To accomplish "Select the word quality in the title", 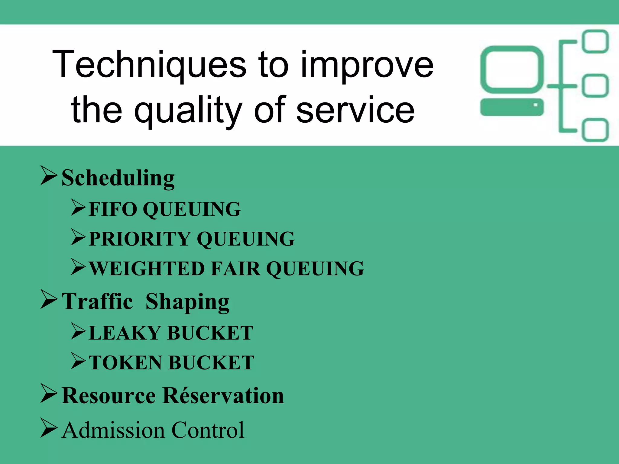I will coord(188,110).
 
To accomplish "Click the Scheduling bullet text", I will coord(118,178).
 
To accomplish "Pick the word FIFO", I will coord(113,209).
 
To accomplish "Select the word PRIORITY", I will coord(139,239).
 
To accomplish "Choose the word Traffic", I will coord(97,301).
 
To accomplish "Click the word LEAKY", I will coord(125,333).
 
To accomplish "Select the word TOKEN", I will coord(126,362).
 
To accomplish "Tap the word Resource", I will coord(109,396).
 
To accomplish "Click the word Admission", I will coord(113,430).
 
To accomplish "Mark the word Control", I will coord(208,430).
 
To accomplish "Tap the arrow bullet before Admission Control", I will coord(49,428).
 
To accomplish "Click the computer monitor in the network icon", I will coord(512,69).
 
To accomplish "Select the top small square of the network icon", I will coord(595,41).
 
